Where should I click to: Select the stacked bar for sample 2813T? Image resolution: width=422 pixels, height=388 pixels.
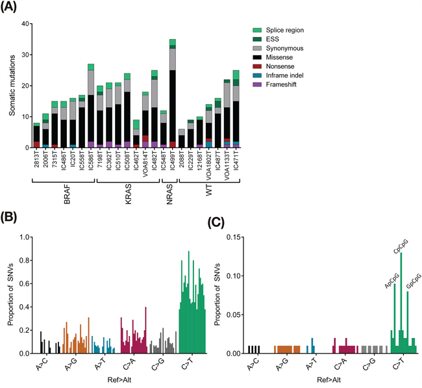37,135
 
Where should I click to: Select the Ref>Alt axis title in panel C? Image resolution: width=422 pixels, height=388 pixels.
325,380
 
